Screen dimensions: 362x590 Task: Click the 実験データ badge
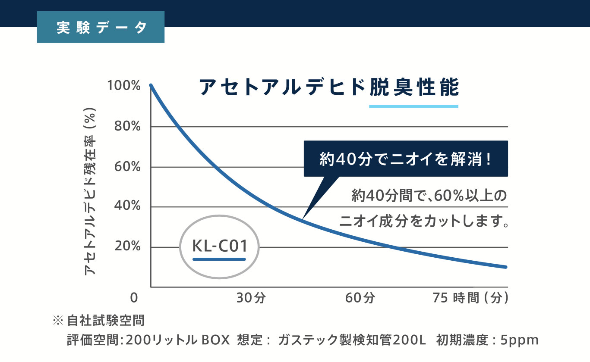101,27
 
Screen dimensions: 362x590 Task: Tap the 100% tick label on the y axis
124,86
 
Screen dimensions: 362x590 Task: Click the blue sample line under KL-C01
219,259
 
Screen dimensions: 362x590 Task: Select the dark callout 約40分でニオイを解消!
406,159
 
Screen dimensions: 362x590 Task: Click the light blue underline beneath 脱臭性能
413,106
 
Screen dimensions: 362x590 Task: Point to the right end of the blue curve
505,267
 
